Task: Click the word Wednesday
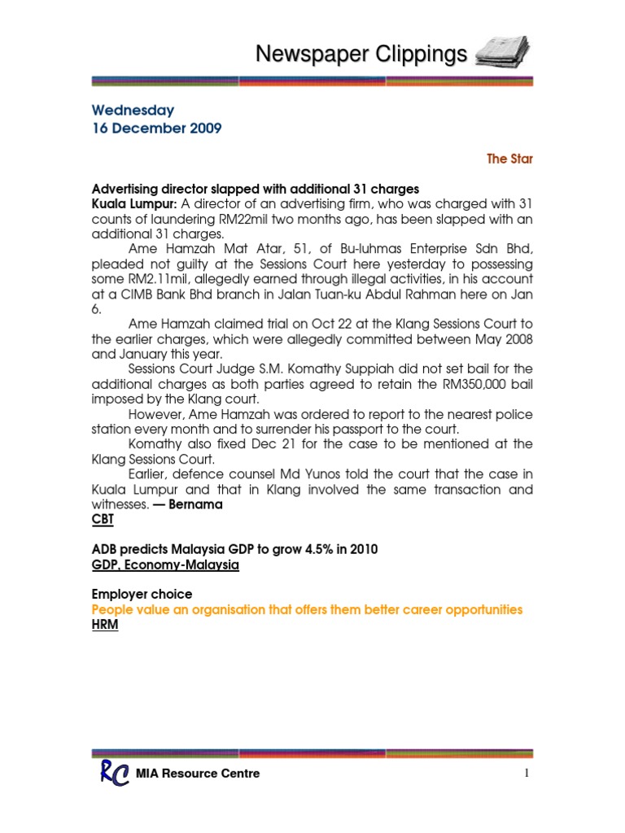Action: coord(133,110)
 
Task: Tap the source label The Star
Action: coord(509,159)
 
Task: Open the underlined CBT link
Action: coord(103,519)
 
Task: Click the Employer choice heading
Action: coord(142,595)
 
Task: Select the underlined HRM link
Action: coord(105,626)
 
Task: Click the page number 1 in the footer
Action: coord(527,774)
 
